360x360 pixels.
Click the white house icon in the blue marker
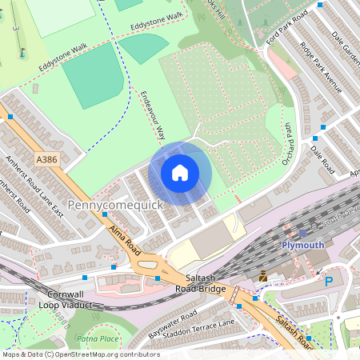coord(180,173)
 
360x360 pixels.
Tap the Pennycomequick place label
coord(115,206)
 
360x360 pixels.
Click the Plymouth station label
coord(303,245)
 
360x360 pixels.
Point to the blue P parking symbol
coord(329,281)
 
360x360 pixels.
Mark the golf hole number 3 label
coord(15,28)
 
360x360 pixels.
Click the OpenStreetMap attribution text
coord(81,354)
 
